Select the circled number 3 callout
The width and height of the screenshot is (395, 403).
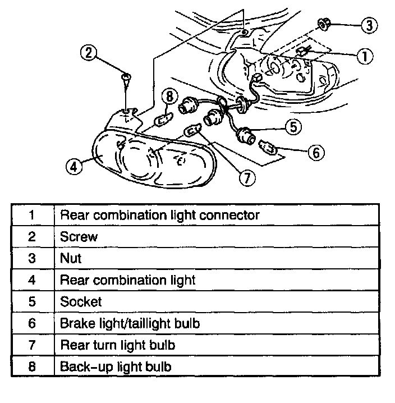coord(368,25)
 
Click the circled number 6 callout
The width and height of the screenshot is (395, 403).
coord(316,152)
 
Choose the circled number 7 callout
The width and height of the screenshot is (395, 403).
coord(246,177)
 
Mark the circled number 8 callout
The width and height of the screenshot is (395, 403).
coord(169,97)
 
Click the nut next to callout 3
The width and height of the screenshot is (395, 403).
coord(324,24)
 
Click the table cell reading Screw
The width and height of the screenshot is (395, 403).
coord(79,237)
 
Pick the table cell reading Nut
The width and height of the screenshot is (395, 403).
coord(71,258)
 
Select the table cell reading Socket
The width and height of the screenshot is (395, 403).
coord(81,301)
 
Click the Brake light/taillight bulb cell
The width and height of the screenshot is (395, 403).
coord(130,323)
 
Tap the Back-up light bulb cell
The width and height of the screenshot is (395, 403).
coord(116,367)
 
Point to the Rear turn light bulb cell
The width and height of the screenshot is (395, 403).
coord(117,345)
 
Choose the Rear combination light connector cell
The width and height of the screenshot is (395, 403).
coord(159,215)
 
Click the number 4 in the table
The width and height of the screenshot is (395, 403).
coord(32,280)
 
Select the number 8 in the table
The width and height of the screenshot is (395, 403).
coord(32,367)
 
